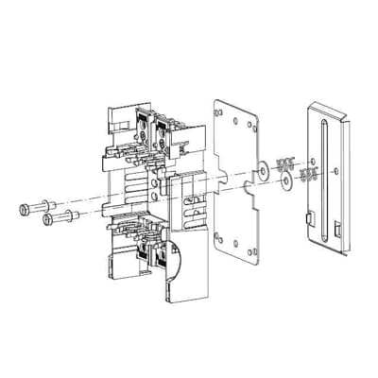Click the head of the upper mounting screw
[23, 208]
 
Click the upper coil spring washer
[285, 161]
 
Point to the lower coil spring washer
[305, 175]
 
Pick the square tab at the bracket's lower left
[308, 222]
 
